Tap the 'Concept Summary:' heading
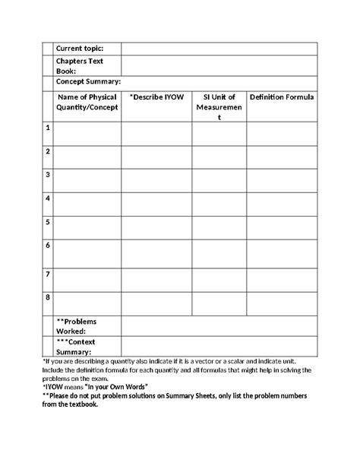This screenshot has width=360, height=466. (x=88, y=81)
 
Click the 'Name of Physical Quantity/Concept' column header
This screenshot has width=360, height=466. (x=87, y=102)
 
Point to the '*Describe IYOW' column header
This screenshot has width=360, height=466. (x=156, y=97)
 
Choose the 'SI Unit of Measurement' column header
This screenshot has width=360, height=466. (x=219, y=107)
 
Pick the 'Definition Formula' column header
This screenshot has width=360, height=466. (x=282, y=97)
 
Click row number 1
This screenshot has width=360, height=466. (x=48, y=128)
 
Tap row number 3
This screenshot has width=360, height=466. (x=48, y=174)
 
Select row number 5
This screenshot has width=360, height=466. (x=48, y=222)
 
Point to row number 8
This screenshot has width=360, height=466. (x=48, y=297)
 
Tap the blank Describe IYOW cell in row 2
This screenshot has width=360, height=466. (x=156, y=157)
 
